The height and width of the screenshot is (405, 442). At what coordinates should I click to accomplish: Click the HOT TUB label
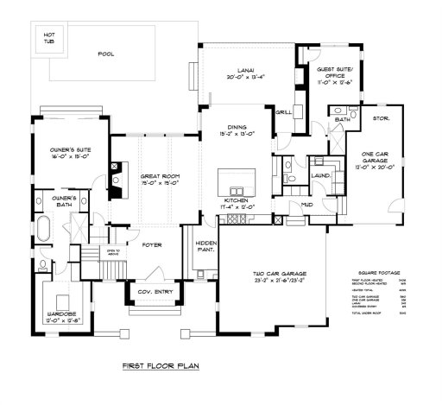click(x=44, y=38)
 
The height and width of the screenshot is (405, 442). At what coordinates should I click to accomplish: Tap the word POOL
click(x=107, y=54)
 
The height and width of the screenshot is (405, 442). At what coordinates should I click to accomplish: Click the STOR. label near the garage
click(x=382, y=117)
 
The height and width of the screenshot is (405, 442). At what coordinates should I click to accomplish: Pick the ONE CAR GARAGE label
click(x=373, y=155)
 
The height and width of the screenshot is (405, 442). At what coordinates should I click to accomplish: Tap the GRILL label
click(x=281, y=112)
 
